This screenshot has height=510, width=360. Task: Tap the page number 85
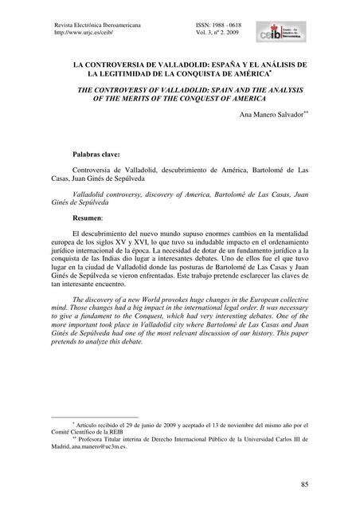306,484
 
